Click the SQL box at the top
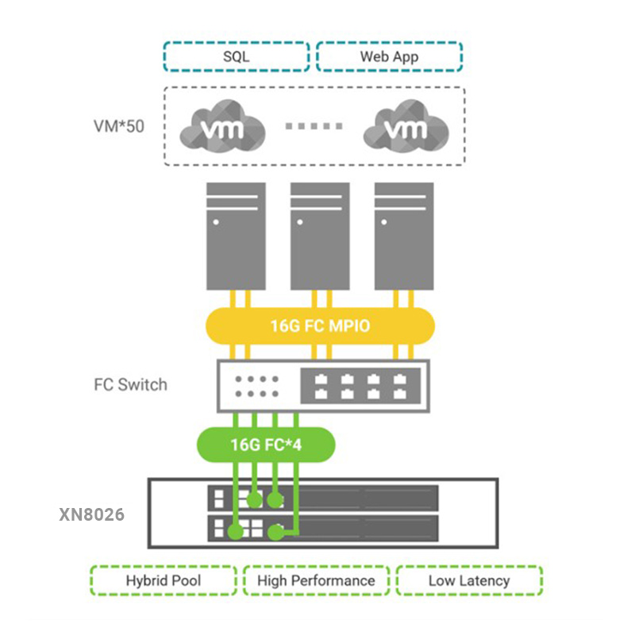(x=236, y=56)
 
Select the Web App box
(x=389, y=56)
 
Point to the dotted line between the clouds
(x=314, y=126)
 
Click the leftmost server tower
(x=236, y=236)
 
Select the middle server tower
(x=320, y=236)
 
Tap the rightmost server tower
(x=404, y=236)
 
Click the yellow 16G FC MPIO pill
(x=321, y=325)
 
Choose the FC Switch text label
(x=130, y=385)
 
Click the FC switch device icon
(x=322, y=386)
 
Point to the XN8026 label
(x=92, y=514)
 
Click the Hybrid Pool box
(x=163, y=581)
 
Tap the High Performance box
(x=316, y=581)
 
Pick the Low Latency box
(x=468, y=581)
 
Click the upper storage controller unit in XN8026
(x=323, y=498)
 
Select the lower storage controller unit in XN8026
(x=323, y=528)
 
